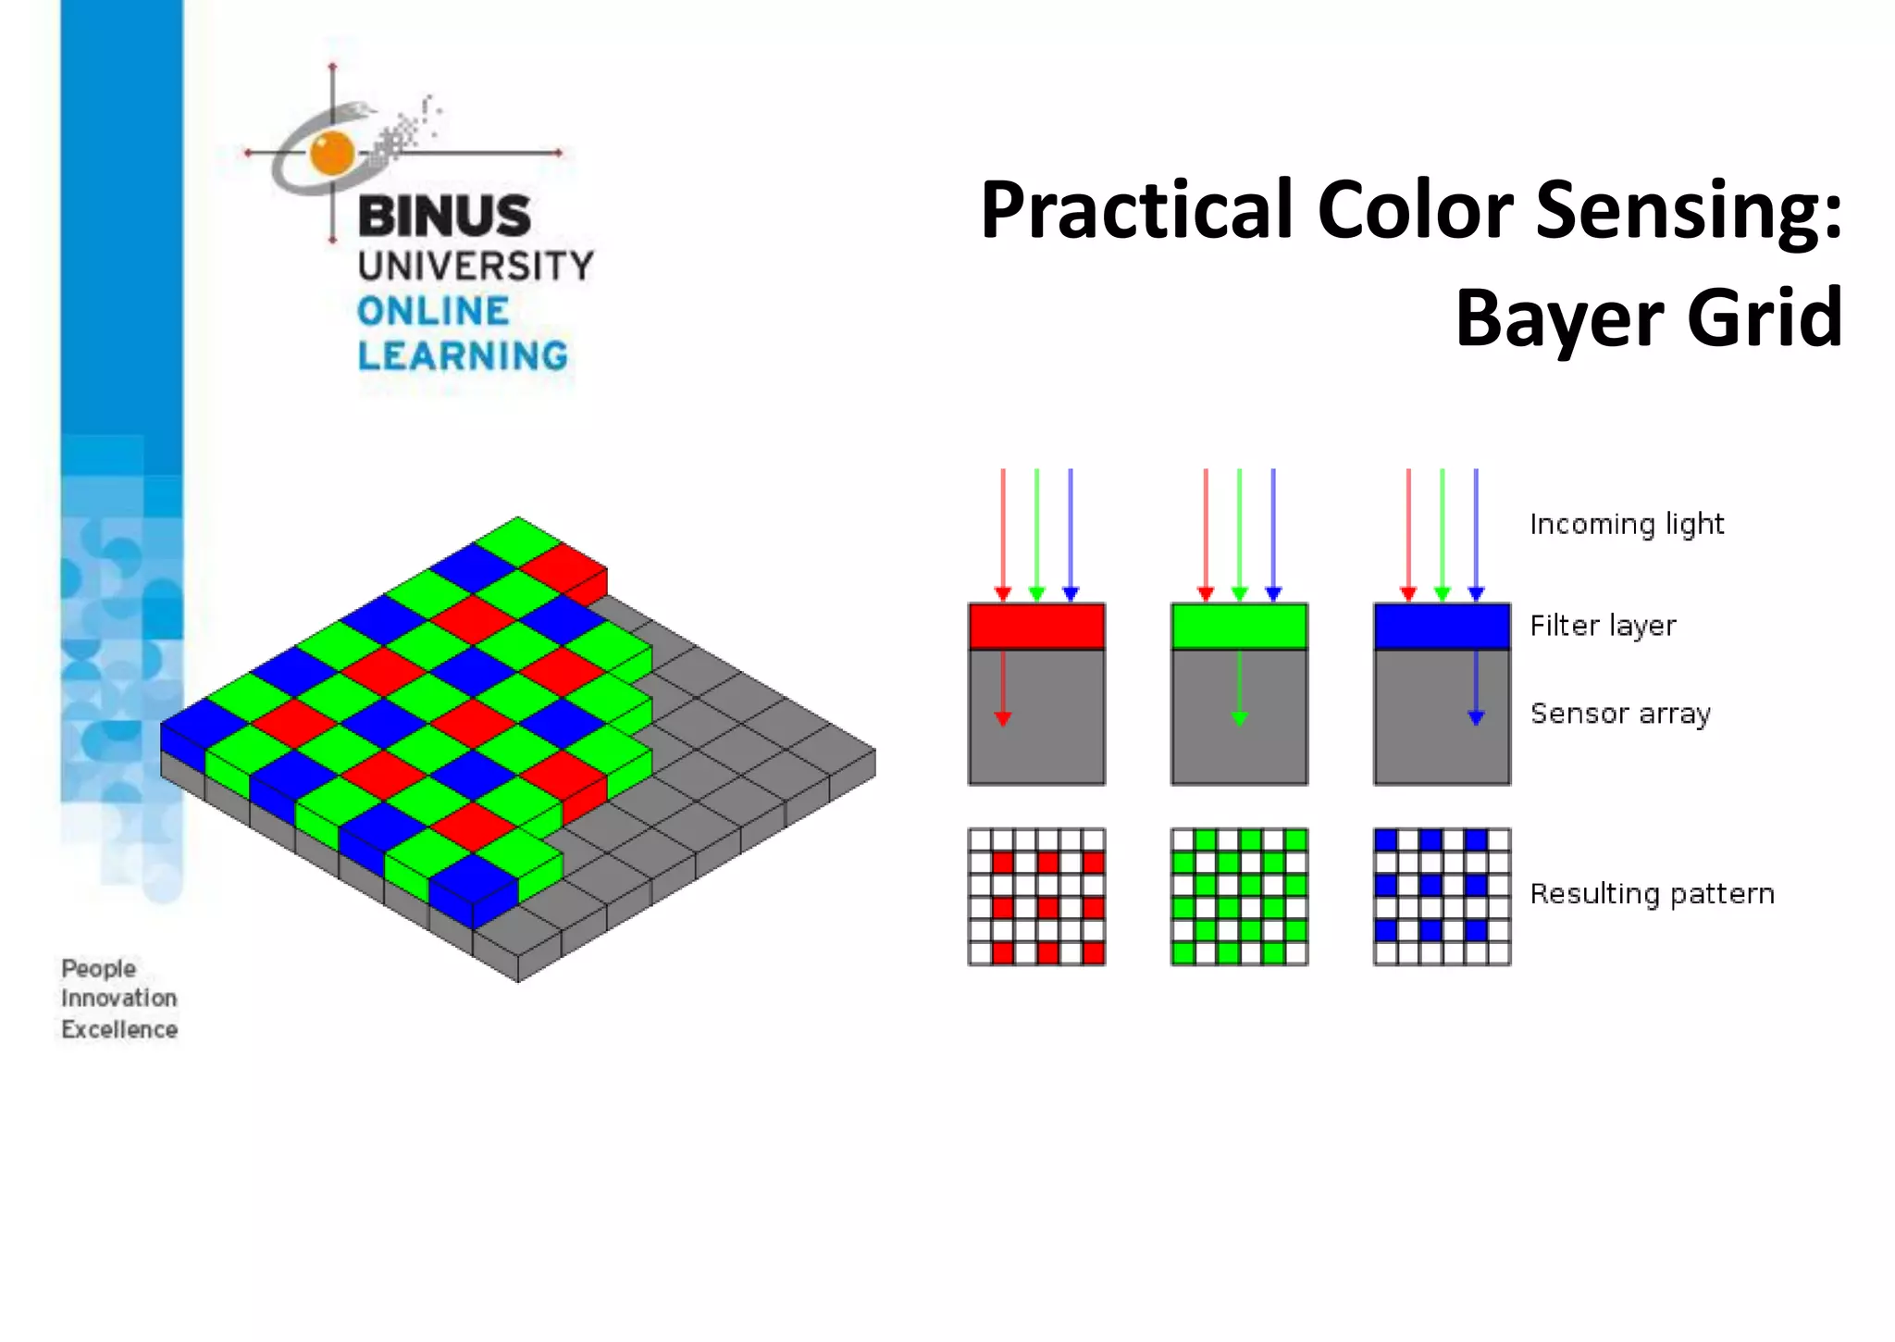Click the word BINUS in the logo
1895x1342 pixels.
(x=444, y=217)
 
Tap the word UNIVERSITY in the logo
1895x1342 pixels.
(x=476, y=267)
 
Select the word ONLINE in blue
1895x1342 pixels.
(x=433, y=312)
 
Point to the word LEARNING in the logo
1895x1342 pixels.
(x=463, y=356)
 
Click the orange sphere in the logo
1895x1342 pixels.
(x=332, y=153)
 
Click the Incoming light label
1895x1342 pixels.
(x=1627, y=525)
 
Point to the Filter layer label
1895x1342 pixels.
(x=1603, y=627)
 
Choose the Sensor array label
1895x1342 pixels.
(x=1620, y=714)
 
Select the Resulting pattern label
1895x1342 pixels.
(x=1652, y=894)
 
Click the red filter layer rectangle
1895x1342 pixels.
(x=1036, y=627)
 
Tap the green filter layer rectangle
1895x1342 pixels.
(x=1239, y=627)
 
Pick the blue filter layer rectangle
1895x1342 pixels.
(x=1442, y=627)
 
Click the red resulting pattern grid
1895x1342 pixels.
(x=1036, y=897)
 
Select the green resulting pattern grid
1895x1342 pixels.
(x=1239, y=897)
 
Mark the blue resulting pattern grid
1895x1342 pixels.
(x=1442, y=897)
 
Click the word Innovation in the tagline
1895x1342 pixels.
(x=119, y=999)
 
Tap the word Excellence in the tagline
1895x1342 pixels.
(x=119, y=1030)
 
